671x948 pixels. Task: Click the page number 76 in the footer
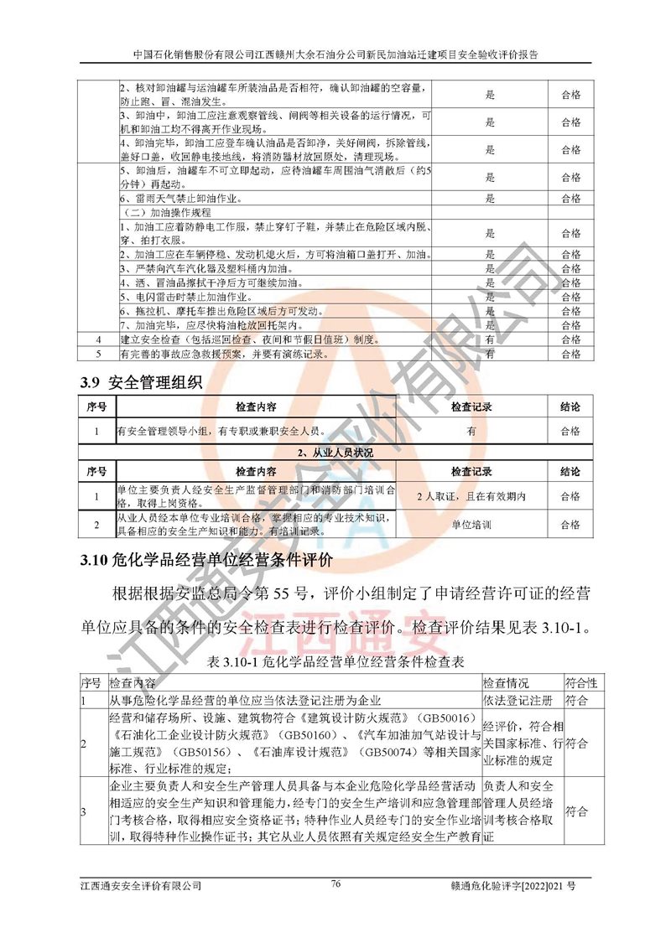(x=335, y=883)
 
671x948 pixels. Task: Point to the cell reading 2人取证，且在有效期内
(x=471, y=496)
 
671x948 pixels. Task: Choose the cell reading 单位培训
(x=471, y=525)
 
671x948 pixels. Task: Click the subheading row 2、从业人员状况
(x=336, y=452)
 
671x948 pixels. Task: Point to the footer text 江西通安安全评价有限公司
(x=141, y=885)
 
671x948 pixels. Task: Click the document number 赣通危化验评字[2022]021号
(x=520, y=885)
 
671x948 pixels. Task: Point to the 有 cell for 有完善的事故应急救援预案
(x=491, y=355)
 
